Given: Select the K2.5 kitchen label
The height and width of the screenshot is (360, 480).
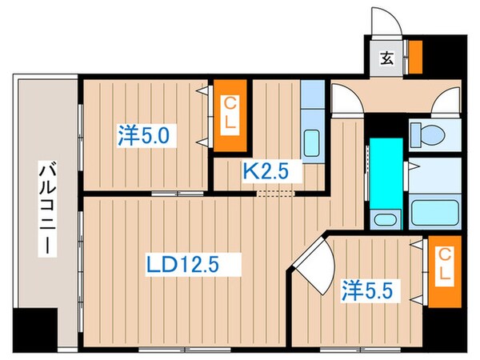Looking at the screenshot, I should (262, 170).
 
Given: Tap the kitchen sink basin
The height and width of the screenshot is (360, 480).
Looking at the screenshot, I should (312, 145).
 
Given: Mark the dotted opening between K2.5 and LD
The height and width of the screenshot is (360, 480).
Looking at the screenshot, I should (276, 193).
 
